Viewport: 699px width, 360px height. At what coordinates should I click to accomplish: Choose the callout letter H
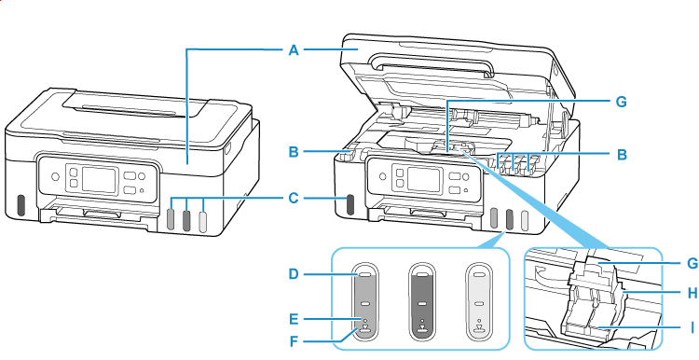(666, 292)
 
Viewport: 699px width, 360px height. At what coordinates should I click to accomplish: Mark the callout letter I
(666, 326)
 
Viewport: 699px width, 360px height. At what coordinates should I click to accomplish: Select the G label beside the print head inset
(666, 264)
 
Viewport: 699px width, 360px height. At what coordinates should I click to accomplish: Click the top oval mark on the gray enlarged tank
(364, 276)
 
